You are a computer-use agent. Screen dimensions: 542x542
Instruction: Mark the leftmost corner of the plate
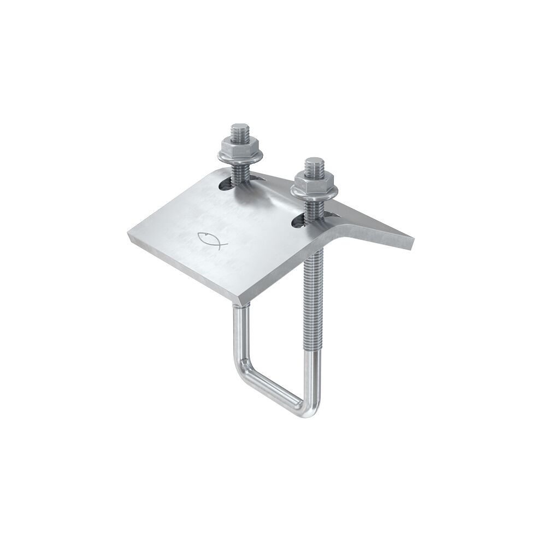pos(128,235)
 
